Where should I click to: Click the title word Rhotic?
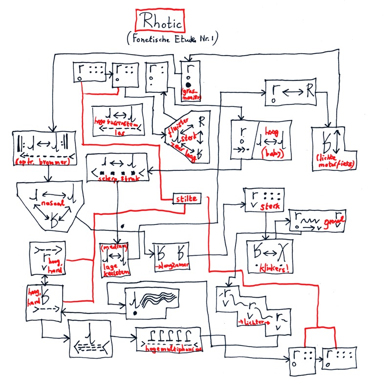[160, 22]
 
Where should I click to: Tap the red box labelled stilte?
[186, 198]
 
